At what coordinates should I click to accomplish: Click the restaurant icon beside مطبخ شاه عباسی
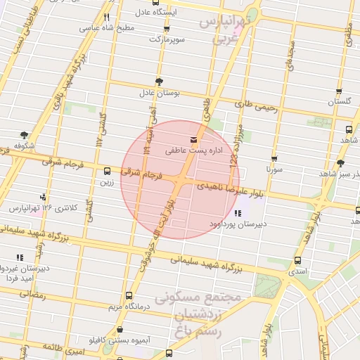(x=107, y=17)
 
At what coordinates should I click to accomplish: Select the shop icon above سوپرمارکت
(x=167, y=29)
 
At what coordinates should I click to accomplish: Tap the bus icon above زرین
(x=107, y=171)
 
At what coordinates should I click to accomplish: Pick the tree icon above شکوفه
(x=25, y=135)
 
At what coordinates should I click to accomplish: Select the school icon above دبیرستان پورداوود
(x=237, y=213)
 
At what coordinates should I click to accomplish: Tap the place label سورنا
(x=274, y=169)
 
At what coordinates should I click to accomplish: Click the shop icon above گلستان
(x=339, y=91)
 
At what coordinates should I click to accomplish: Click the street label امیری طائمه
(x=63, y=347)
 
